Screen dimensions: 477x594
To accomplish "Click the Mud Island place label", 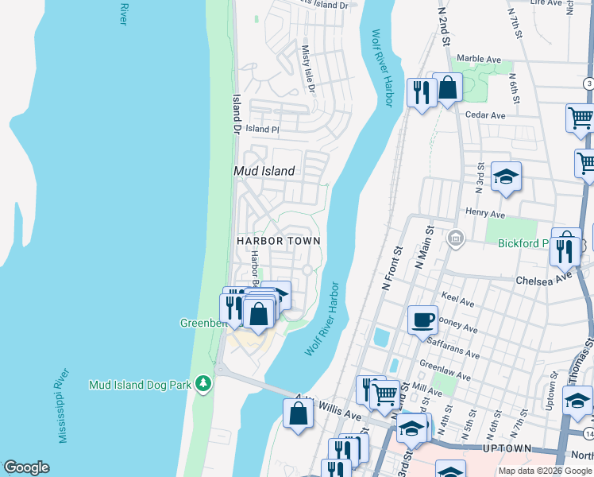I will click(x=264, y=171).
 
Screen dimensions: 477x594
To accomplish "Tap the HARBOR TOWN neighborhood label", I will click(x=278, y=240).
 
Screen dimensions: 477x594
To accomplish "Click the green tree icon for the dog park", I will click(x=204, y=383).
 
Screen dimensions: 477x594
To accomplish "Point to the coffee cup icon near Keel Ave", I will click(x=422, y=319).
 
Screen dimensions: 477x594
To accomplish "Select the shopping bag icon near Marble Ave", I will click(x=448, y=87).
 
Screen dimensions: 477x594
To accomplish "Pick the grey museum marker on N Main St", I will click(x=456, y=238).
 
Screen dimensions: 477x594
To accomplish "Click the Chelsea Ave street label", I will click(x=543, y=280).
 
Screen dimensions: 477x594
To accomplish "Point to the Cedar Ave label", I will click(x=485, y=115).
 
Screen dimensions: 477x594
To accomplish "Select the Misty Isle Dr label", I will click(x=307, y=68).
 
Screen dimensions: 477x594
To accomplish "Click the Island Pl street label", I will click(x=262, y=129).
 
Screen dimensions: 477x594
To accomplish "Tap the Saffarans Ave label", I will click(x=453, y=354).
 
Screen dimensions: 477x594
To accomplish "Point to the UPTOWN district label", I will click(x=506, y=449).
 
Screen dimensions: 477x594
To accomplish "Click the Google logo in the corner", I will click(x=26, y=467).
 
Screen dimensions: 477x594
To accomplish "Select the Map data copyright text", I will click(x=545, y=471).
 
